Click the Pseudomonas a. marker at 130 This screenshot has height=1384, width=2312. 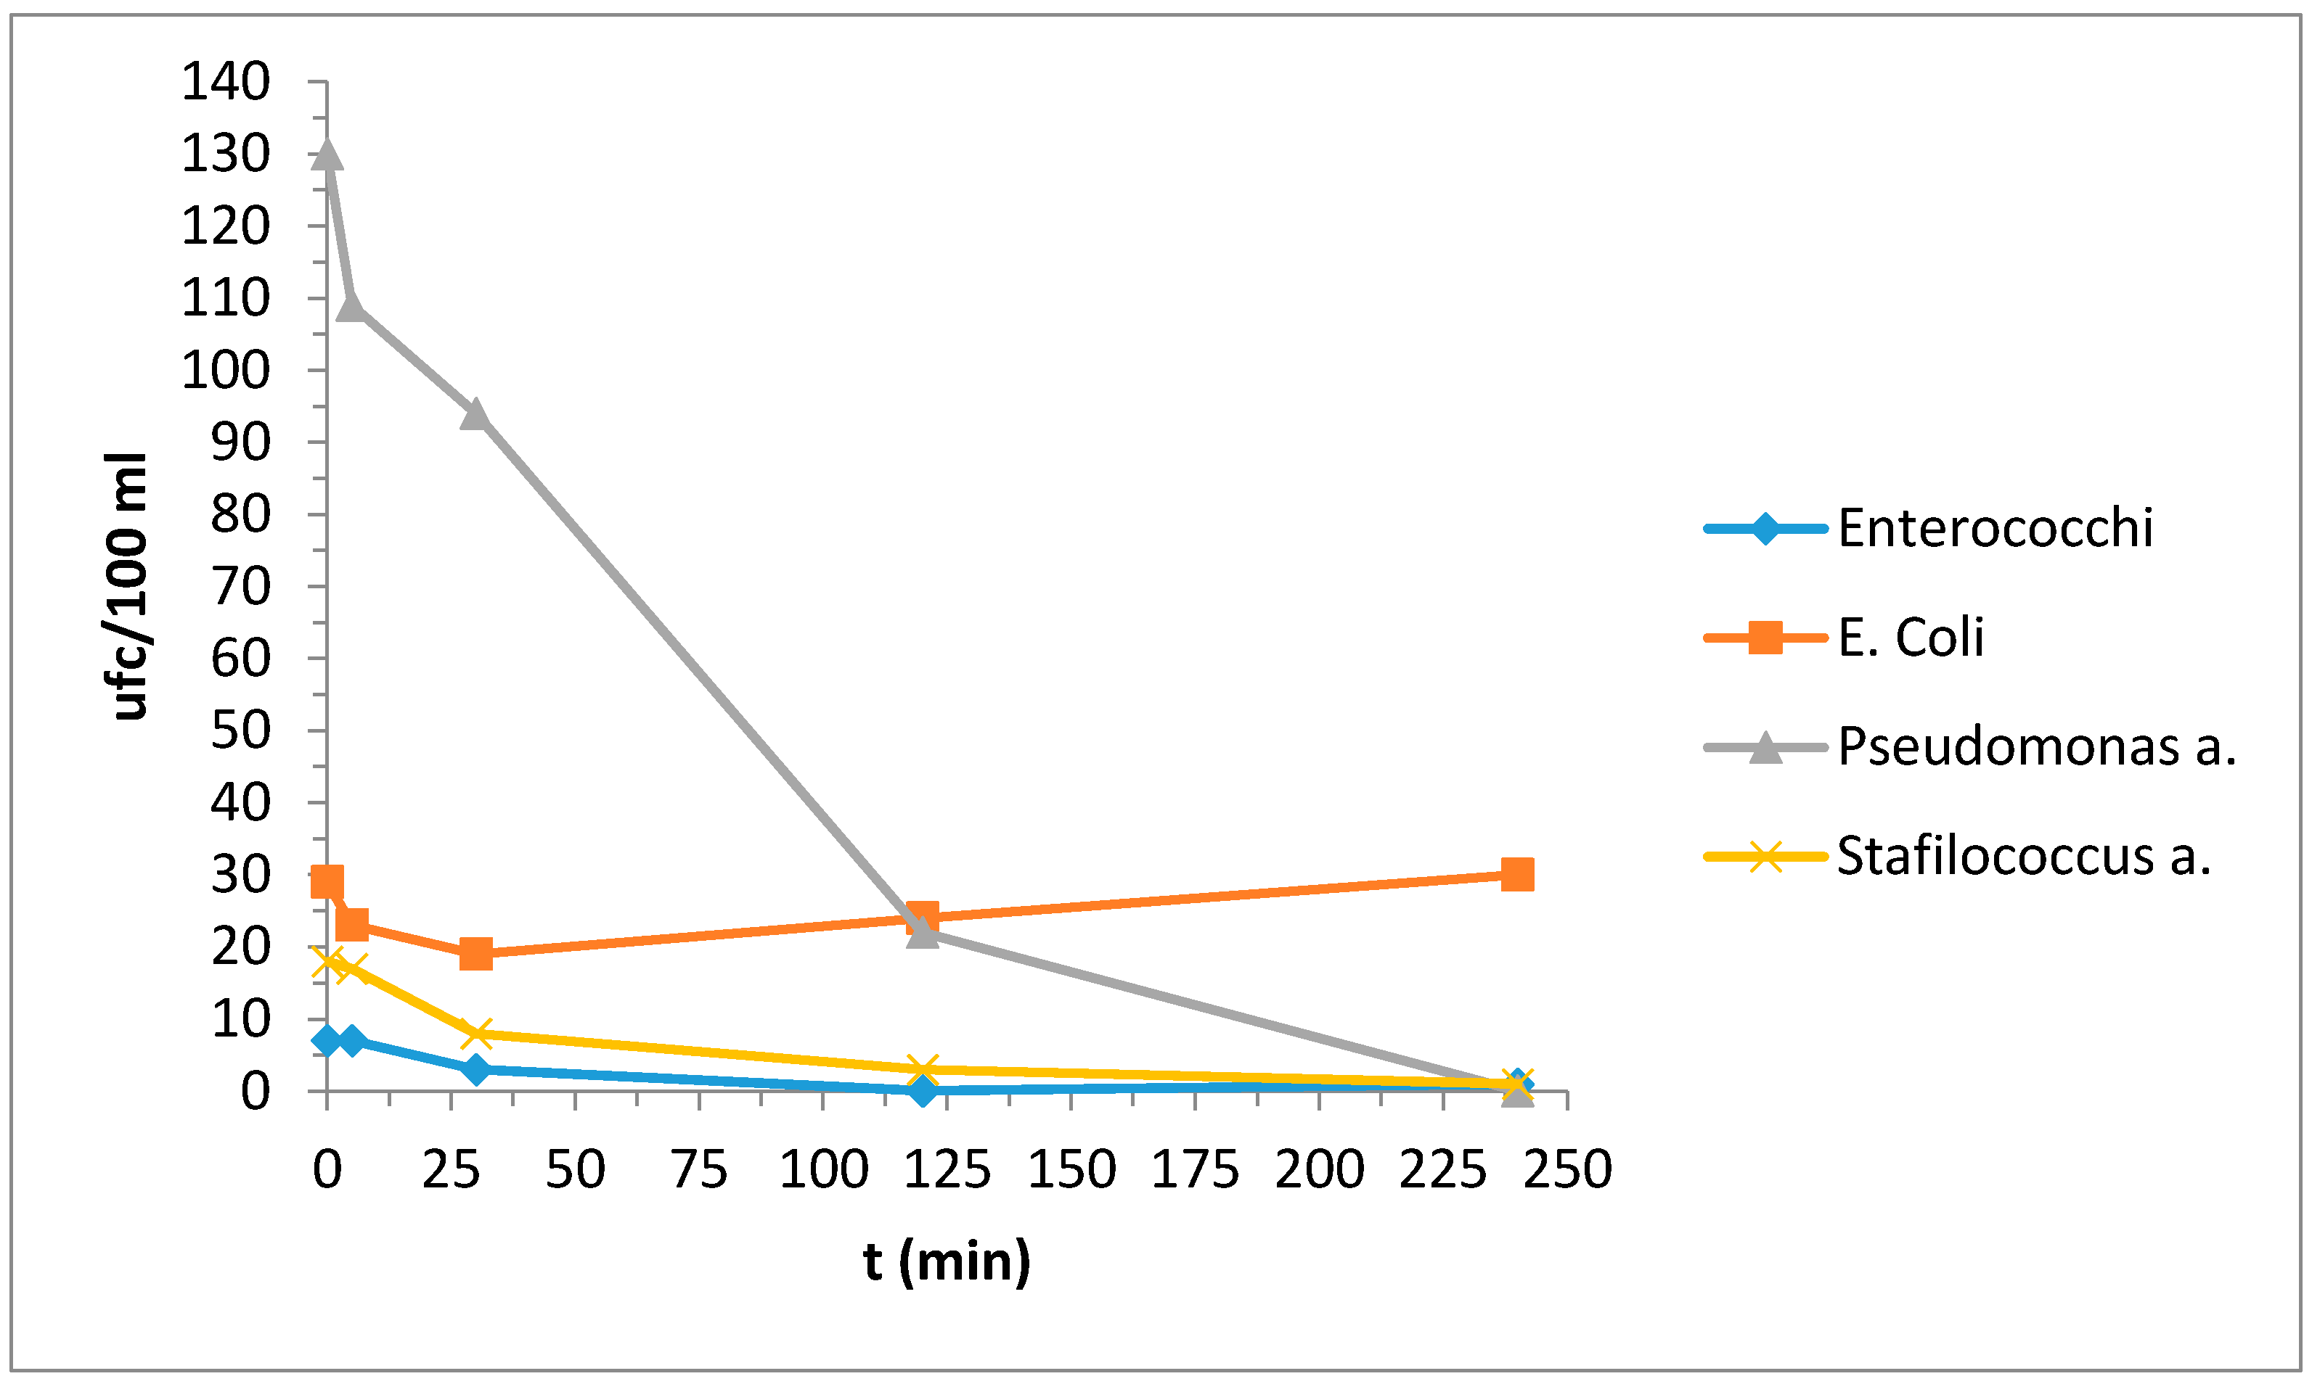pyautogui.click(x=327, y=154)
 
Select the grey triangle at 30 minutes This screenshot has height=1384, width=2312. pyautogui.click(x=476, y=413)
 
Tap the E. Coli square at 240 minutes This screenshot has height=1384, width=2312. pyautogui.click(x=1517, y=875)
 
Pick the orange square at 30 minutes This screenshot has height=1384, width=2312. pyautogui.click(x=476, y=954)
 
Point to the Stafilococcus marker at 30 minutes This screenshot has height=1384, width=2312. pyautogui.click(x=476, y=1034)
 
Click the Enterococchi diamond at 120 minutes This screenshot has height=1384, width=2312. pyautogui.click(x=923, y=1090)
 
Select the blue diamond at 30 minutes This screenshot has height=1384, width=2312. pyautogui.click(x=476, y=1068)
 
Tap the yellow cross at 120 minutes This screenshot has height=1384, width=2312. pyautogui.click(x=923, y=1070)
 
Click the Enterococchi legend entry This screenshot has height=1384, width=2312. pyautogui.click(x=1995, y=529)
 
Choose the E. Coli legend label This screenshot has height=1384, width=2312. pyautogui.click(x=1910, y=638)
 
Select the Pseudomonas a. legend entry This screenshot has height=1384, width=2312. pyautogui.click(x=2037, y=747)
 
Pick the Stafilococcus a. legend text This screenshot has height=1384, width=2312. pyautogui.click(x=2024, y=855)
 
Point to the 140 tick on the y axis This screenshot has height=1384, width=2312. pyautogui.click(x=225, y=82)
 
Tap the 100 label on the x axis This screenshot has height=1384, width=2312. pyautogui.click(x=823, y=1169)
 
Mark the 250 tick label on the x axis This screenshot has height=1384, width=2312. pyautogui.click(x=1567, y=1169)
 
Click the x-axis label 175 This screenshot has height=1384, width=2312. pyautogui.click(x=1195, y=1169)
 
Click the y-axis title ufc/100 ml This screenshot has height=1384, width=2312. pyautogui.click(x=128, y=585)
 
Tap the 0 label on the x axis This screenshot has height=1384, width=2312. pyautogui.click(x=327, y=1169)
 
